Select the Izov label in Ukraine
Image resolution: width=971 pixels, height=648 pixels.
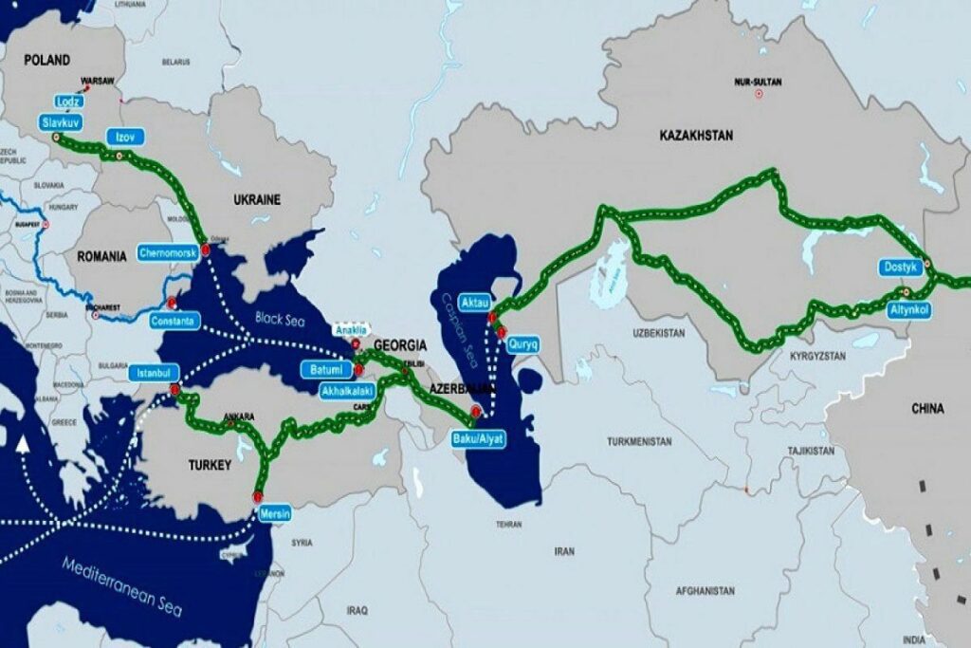click(x=125, y=137)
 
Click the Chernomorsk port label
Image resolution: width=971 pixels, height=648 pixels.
click(x=168, y=254)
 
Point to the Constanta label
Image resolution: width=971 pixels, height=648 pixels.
click(x=174, y=322)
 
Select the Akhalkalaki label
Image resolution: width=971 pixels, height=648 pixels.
click(x=348, y=390)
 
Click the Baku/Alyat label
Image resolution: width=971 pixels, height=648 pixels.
click(x=478, y=439)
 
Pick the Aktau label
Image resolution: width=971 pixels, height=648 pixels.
click(x=473, y=301)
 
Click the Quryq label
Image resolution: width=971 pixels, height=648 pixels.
click(x=522, y=344)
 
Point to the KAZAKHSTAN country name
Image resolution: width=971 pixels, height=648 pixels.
click(x=696, y=137)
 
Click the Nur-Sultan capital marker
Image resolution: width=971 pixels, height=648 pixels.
click(x=759, y=94)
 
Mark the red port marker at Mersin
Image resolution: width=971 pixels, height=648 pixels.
click(x=257, y=496)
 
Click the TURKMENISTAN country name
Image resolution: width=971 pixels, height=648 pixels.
click(x=639, y=441)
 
